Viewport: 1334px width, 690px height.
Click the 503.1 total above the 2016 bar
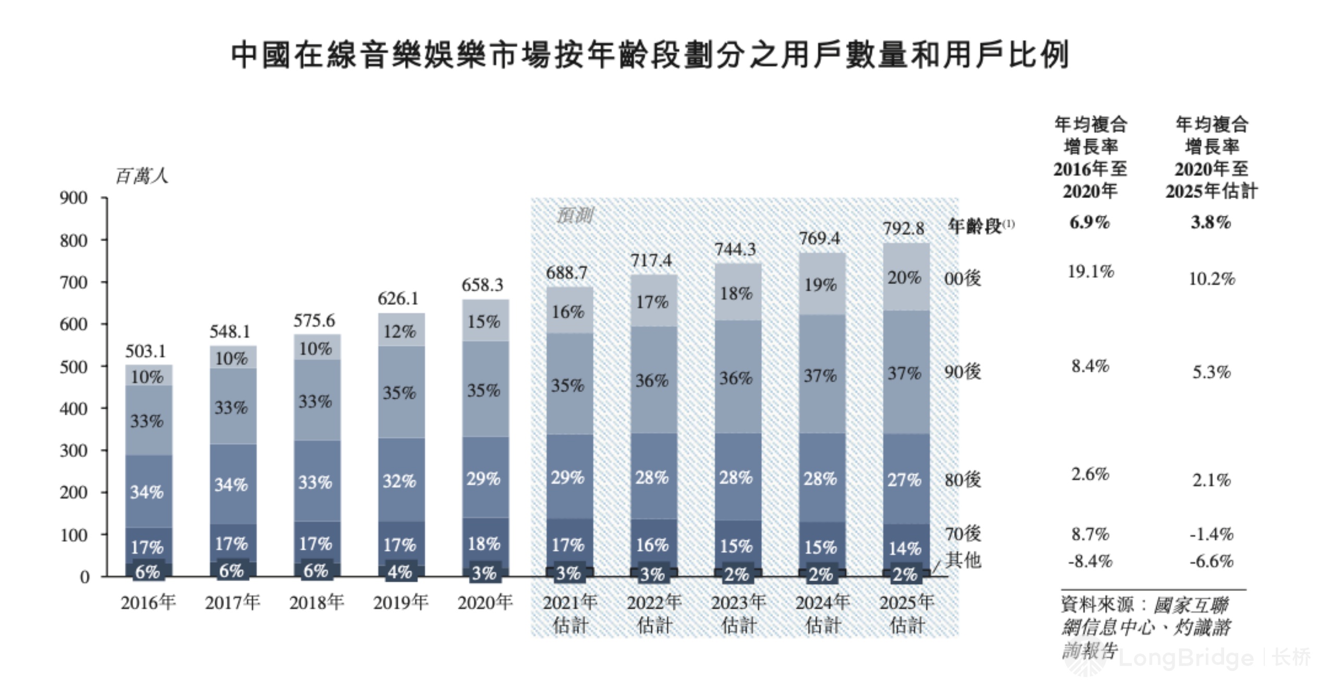tap(145, 351)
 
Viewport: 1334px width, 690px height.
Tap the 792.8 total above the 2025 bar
tap(904, 228)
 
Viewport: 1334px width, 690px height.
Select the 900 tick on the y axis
tap(73, 198)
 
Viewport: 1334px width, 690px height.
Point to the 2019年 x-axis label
tap(400, 602)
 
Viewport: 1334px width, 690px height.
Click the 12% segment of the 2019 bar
tap(400, 331)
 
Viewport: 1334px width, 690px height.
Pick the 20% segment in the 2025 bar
tap(905, 277)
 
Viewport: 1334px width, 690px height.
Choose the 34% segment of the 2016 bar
tap(147, 491)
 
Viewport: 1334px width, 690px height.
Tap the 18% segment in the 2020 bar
tap(484, 544)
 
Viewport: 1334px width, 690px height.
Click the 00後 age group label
tap(962, 278)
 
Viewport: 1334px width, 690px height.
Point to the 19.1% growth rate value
tap(1090, 272)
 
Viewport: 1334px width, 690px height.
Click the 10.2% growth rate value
tap(1212, 279)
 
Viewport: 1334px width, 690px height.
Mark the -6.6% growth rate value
tap(1211, 561)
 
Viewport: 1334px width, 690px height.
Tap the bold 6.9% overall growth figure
tap(1090, 223)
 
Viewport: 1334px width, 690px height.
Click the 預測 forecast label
tap(574, 215)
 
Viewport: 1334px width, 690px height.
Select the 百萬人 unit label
tap(142, 176)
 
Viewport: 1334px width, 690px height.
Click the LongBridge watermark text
tap(1185, 658)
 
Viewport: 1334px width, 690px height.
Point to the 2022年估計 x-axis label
tap(654, 613)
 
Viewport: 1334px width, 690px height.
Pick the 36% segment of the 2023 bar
tap(736, 378)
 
